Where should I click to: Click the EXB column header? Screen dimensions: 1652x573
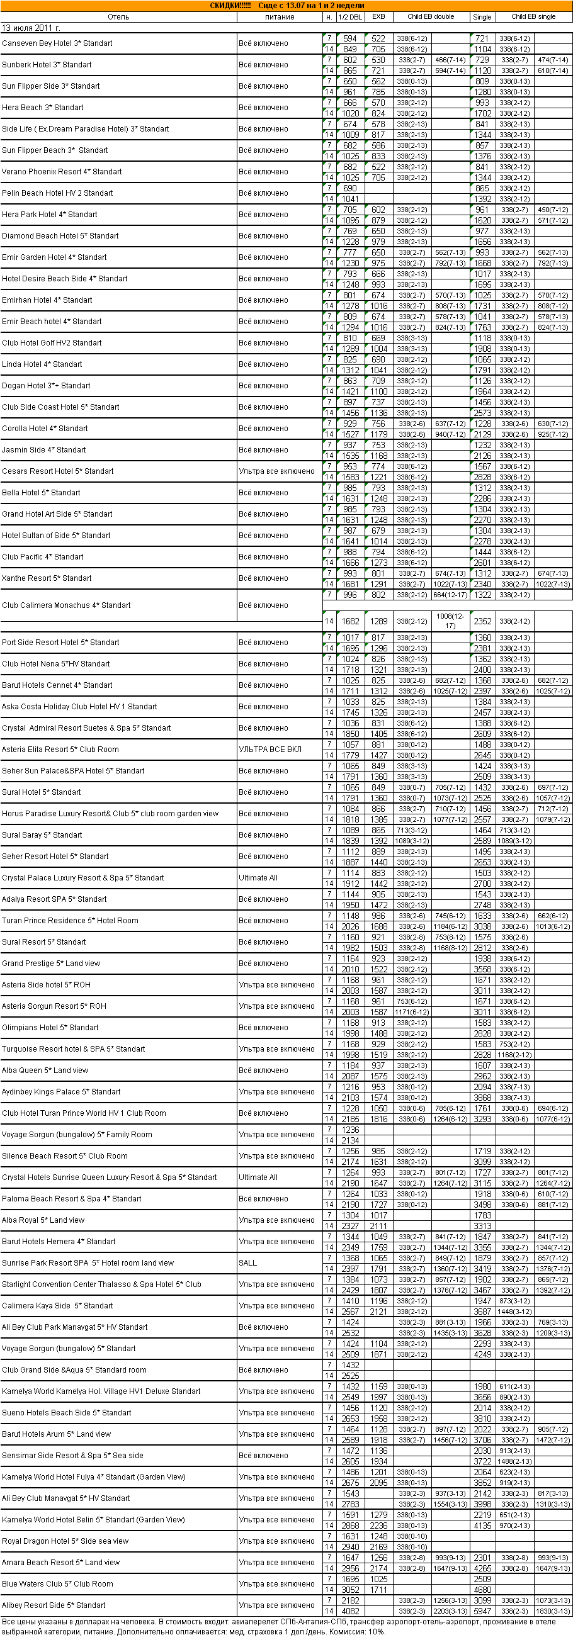[378, 16]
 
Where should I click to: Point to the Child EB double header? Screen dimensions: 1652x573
[431, 16]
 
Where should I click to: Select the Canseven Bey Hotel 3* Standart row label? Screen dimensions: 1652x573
[57, 43]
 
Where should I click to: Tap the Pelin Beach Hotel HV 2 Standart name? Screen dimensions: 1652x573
[57, 193]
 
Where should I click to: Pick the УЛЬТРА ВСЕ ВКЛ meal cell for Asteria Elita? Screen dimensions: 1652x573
[269, 750]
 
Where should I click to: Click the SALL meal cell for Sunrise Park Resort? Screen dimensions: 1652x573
[247, 1262]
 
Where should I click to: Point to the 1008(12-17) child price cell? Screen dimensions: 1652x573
[450, 621]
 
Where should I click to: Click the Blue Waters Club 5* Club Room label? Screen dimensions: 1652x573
[57, 1584]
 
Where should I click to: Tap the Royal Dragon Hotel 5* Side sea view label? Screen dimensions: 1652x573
[65, 1541]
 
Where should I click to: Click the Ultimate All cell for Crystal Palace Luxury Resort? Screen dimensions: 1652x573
[258, 878]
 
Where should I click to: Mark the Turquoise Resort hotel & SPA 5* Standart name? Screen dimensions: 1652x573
[73, 1049]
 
